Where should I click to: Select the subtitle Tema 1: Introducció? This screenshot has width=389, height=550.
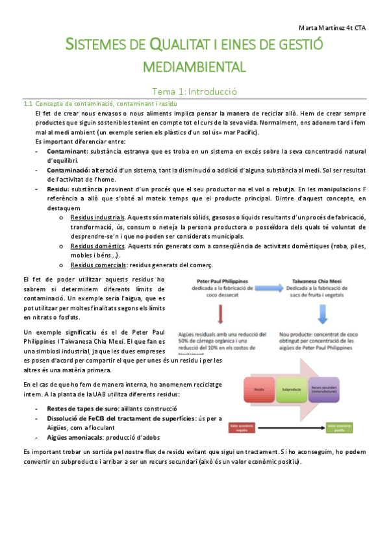tap(194, 91)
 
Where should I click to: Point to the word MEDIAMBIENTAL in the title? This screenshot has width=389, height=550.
tap(194, 66)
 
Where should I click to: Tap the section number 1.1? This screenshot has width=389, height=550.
tap(28, 104)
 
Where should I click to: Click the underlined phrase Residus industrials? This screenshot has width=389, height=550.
tap(99, 217)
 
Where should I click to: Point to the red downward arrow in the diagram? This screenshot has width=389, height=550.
tap(221, 314)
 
